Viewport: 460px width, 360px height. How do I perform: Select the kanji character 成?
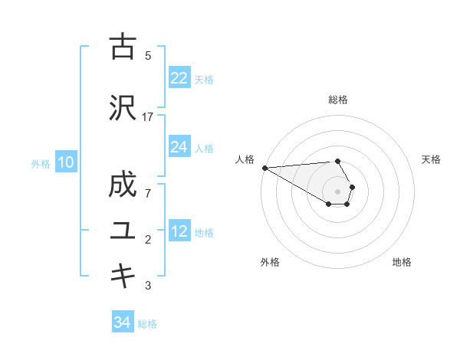(123, 186)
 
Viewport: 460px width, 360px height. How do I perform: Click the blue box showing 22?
(179, 78)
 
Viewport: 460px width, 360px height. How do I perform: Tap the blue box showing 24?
(179, 147)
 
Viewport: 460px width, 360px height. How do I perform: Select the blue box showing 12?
(179, 231)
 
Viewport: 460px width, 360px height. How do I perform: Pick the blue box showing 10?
(66, 162)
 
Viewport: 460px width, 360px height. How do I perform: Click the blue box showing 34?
(123, 322)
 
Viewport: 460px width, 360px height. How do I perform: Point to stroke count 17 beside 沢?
(148, 116)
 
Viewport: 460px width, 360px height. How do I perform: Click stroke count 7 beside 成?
(148, 193)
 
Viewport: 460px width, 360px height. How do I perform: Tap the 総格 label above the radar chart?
(338, 100)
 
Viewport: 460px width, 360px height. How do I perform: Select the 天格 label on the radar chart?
(432, 159)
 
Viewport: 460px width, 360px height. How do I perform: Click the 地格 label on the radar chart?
(402, 262)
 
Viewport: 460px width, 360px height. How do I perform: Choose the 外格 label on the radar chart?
(270, 262)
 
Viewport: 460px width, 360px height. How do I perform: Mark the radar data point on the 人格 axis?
(264, 168)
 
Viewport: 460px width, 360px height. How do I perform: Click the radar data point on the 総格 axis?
(338, 161)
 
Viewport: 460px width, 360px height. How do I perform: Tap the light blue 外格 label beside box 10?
(41, 163)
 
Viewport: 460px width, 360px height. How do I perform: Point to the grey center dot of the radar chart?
(338, 191)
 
